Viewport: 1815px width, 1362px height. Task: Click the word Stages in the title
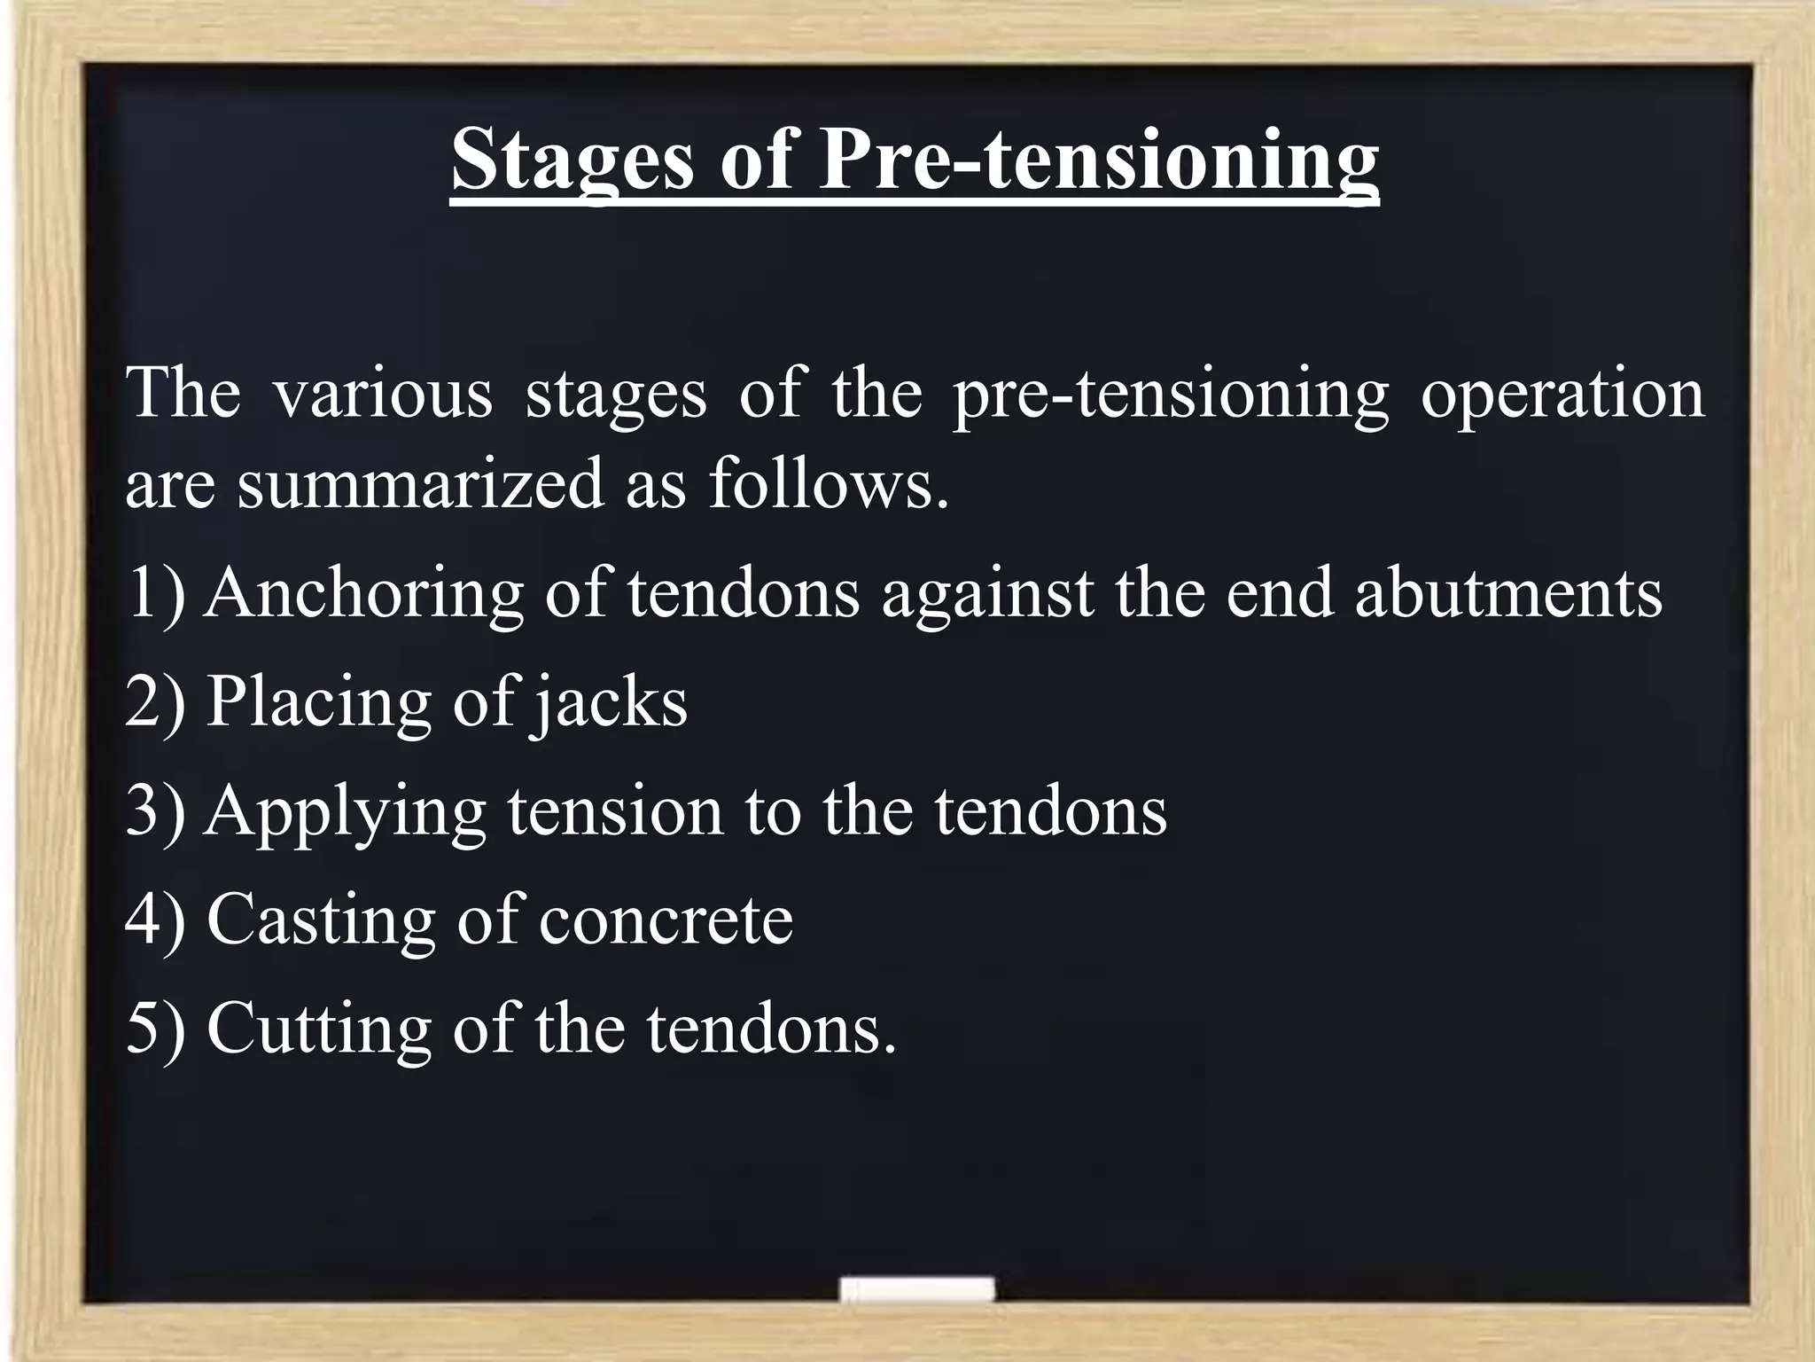pos(572,160)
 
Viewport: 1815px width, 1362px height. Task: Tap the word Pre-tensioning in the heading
pos(1098,160)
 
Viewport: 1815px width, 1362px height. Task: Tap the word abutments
pos(1508,592)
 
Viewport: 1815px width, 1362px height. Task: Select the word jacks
pos(609,702)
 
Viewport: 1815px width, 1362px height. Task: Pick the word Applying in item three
pos(346,811)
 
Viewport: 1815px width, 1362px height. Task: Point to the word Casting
pos(320,920)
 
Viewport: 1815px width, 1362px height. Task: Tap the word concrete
pos(666,920)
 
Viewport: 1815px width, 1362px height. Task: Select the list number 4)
pos(155,920)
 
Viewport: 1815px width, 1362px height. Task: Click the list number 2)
pos(155,702)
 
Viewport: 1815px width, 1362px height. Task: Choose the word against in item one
pos(987,592)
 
